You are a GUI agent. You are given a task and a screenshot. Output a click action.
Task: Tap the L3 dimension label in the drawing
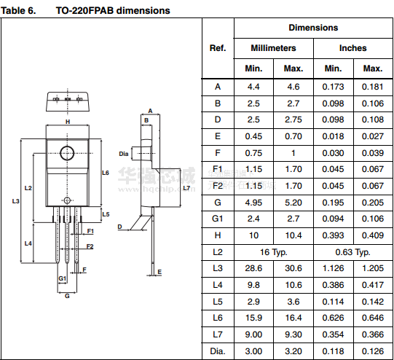coord(15,201)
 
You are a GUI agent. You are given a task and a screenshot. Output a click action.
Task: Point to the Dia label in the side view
coord(124,154)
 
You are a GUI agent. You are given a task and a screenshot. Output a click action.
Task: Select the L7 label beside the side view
coord(186,188)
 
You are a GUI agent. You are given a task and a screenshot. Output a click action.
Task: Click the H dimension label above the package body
coord(68,122)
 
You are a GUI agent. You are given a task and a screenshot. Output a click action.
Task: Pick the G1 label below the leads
coord(63,278)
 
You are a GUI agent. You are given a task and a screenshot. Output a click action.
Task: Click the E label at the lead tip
coord(159,272)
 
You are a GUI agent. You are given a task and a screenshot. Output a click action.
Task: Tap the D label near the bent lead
coord(119,227)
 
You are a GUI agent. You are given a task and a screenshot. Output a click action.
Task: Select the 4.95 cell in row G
coord(253,203)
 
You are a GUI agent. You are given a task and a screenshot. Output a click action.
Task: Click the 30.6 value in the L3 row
coord(293,268)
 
